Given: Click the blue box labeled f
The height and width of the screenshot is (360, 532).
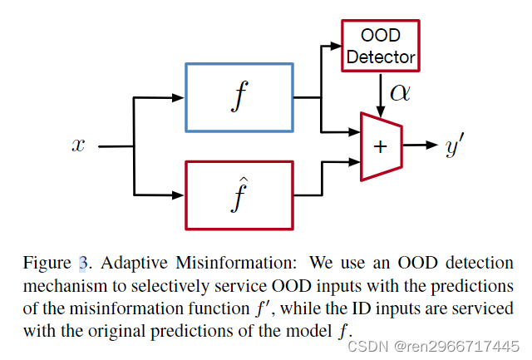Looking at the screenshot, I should [239, 98].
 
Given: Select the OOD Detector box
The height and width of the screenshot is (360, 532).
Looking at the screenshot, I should [381, 46].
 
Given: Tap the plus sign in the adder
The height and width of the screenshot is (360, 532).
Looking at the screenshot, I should [381, 146].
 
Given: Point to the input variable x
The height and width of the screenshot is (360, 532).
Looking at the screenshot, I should [79, 145].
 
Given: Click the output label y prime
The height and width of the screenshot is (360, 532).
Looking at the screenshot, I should [454, 146].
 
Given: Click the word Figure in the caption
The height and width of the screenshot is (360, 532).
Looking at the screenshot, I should [47, 264].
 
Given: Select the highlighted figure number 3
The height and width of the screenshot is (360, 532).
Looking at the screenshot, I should [82, 264].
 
